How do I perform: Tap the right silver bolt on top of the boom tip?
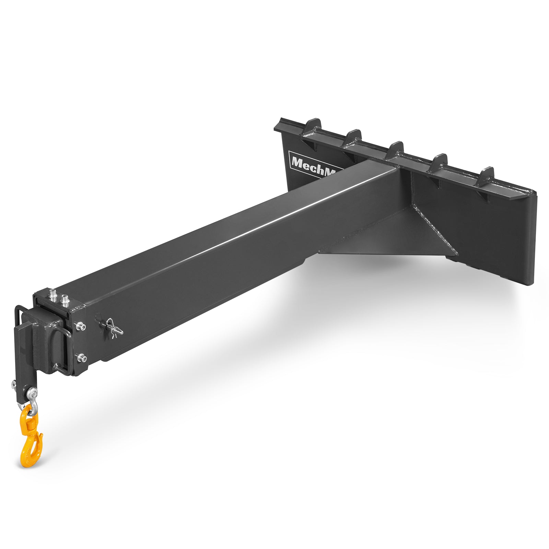click(x=65, y=301)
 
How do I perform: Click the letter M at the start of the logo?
click(x=296, y=161)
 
